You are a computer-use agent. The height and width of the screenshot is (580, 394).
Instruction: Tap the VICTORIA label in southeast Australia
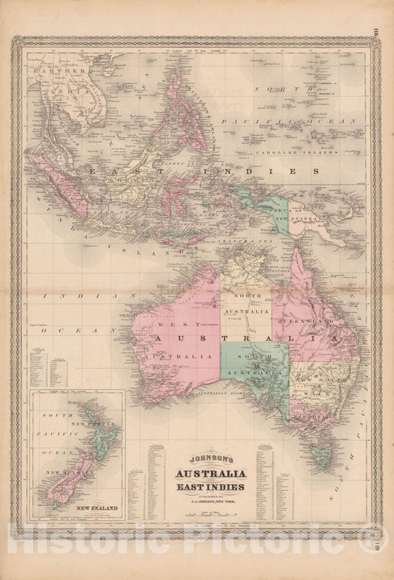(x=310, y=417)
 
